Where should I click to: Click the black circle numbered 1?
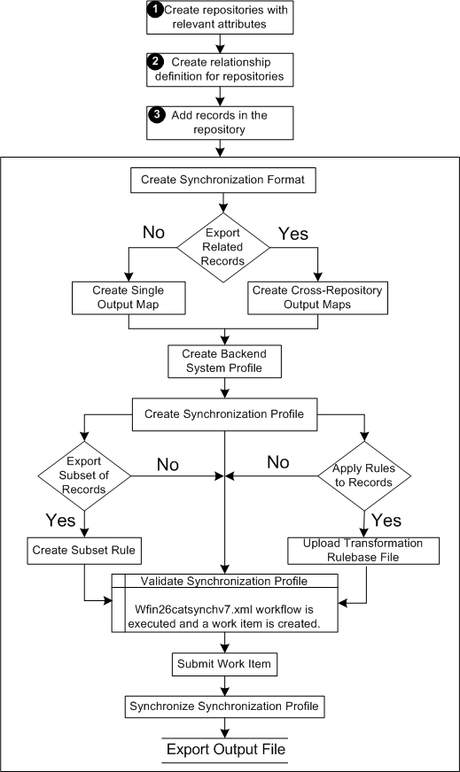pos(155,10)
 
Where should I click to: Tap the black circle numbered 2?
pos(155,62)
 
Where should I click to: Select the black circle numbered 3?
pos(157,115)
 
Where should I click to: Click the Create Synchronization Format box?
pos(222,181)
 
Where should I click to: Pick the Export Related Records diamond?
pos(223,247)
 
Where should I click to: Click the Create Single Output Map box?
pos(129,297)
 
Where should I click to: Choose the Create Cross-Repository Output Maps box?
pos(317,297)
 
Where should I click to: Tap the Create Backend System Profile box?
pos(225,361)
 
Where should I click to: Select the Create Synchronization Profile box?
pos(225,414)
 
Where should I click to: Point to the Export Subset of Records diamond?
pos(84,475)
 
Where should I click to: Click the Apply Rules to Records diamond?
pos(364,475)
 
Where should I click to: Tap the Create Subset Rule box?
pos(84,551)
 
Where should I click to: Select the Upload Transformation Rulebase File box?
pos(363,551)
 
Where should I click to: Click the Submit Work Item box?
pos(224,664)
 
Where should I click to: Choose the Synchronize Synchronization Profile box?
pos(225,706)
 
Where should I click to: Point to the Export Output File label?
pos(226,749)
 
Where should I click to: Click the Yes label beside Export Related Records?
pos(293,234)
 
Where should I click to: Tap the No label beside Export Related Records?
pos(154,232)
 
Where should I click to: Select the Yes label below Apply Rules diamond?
pos(386,520)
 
